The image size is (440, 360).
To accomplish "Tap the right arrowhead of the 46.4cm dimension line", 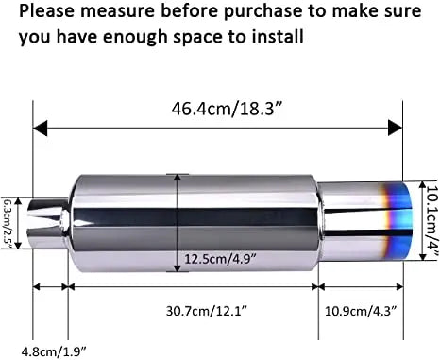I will pos(398,127).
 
